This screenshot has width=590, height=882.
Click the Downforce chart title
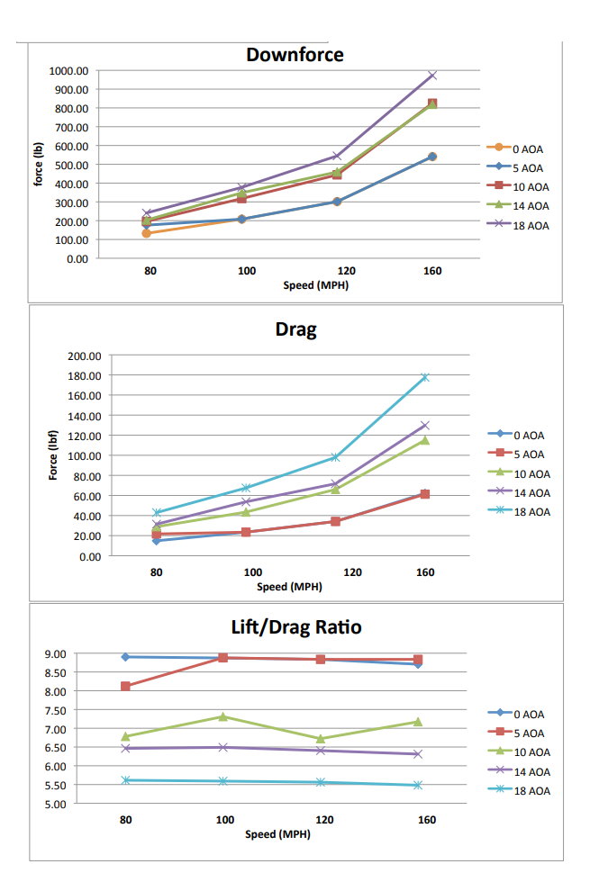(x=295, y=55)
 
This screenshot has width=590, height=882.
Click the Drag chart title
(x=295, y=329)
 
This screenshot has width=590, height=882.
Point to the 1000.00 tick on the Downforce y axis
(x=69, y=71)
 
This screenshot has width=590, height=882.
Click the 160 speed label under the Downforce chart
(x=432, y=270)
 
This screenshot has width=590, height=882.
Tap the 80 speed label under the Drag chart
(x=157, y=571)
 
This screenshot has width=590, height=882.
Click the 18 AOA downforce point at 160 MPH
(x=432, y=76)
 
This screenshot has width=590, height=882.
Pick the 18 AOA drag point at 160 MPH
(x=425, y=377)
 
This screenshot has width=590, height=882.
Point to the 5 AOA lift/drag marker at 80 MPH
(x=126, y=686)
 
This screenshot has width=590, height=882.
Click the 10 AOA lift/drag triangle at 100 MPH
(x=223, y=716)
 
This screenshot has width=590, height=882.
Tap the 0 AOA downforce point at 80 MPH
(x=146, y=233)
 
